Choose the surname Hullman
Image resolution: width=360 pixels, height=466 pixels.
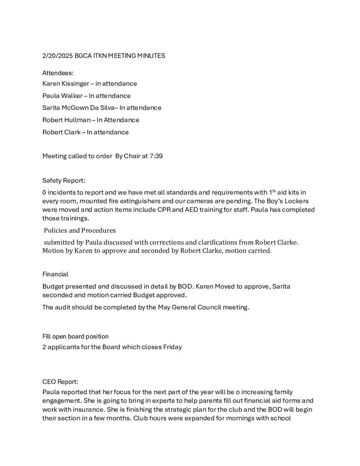pyautogui.click(x=80, y=120)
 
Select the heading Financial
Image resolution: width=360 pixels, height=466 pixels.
pyautogui.click(x=55, y=274)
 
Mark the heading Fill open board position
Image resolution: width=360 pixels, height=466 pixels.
pyautogui.click(x=76, y=337)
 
